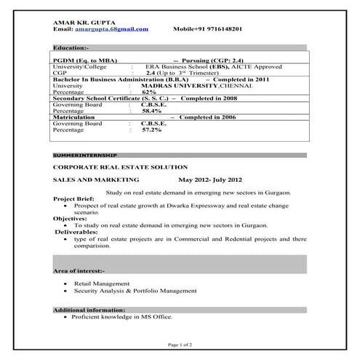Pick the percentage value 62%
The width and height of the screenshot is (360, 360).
click(150, 92)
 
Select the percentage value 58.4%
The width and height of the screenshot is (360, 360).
click(151, 111)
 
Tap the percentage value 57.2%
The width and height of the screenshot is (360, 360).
click(151, 129)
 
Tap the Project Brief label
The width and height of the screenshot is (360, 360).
click(74, 199)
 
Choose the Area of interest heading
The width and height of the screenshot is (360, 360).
click(79, 271)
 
